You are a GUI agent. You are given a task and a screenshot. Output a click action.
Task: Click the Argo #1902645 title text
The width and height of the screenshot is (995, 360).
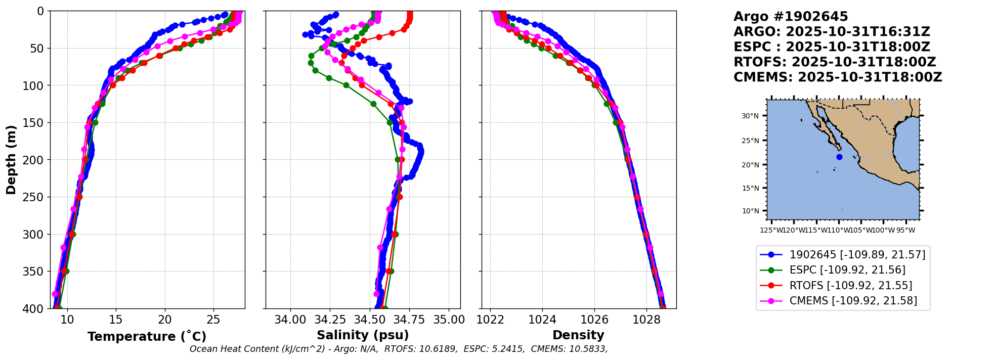[x=784, y=17]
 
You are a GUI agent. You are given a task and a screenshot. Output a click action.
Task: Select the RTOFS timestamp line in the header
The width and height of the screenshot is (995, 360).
[x=835, y=62]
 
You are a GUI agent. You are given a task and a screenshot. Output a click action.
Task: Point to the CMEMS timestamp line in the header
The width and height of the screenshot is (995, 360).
[x=838, y=77]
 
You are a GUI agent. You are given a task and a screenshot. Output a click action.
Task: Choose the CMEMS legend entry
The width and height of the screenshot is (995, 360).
[x=853, y=301]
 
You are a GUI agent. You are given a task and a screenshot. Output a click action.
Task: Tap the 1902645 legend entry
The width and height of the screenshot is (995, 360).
[x=857, y=254]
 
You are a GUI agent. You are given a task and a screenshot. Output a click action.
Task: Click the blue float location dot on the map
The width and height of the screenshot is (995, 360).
[x=839, y=157]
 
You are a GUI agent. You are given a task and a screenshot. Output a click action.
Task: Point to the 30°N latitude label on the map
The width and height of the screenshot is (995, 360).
[x=750, y=116]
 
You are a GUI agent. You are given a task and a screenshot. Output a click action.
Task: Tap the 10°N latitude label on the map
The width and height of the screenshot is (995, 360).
[x=750, y=211]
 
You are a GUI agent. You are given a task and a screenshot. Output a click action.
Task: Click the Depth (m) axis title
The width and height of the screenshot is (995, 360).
[x=11, y=159]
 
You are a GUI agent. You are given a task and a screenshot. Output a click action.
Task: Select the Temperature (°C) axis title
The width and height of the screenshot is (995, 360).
[x=147, y=337]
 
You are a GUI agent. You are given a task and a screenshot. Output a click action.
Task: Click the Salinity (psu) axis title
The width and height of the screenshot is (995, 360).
[x=363, y=335]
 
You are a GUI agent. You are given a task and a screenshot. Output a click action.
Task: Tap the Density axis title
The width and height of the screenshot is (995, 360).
[x=578, y=335]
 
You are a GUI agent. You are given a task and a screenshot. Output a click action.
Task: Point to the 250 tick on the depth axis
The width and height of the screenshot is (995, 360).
[x=36, y=197]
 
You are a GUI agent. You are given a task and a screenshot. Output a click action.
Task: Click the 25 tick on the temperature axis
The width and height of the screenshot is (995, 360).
[x=213, y=320]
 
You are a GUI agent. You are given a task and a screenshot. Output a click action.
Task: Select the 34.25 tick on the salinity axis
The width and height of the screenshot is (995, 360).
[x=330, y=320]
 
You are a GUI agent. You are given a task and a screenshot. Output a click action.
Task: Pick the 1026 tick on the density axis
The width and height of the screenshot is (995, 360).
[x=594, y=320]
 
